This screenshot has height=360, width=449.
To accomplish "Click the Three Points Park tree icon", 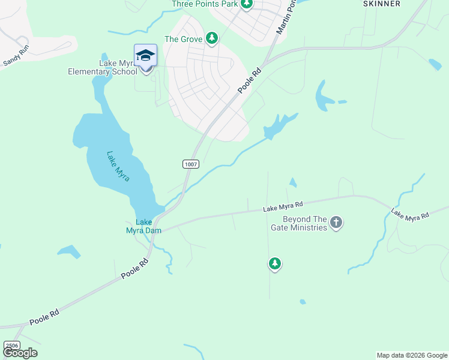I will pos(246,4).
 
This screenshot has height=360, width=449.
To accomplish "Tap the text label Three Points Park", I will pos(204,4).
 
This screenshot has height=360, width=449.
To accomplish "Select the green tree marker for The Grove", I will pos(211,38).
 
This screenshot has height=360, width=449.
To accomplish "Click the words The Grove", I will pos(182,39).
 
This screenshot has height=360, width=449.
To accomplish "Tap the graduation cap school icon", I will pos(145,56).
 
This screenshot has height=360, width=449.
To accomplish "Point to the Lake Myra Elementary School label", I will pos(102,67).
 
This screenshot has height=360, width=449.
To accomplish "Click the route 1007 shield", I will pos(190,164).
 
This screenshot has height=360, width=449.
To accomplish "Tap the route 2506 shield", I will pos(11,346).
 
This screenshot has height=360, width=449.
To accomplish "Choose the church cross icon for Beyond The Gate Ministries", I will pos(336,223).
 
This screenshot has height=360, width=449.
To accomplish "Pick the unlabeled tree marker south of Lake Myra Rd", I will pos(274,263).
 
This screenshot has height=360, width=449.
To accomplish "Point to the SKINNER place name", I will pos(382,4).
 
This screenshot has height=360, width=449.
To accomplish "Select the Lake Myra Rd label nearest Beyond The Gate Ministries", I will pos(283,207).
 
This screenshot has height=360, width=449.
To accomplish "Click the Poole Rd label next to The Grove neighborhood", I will pos(250,80).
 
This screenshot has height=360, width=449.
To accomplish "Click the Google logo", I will pos(20,353).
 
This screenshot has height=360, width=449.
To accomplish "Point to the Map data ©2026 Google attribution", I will pos(412,355).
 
